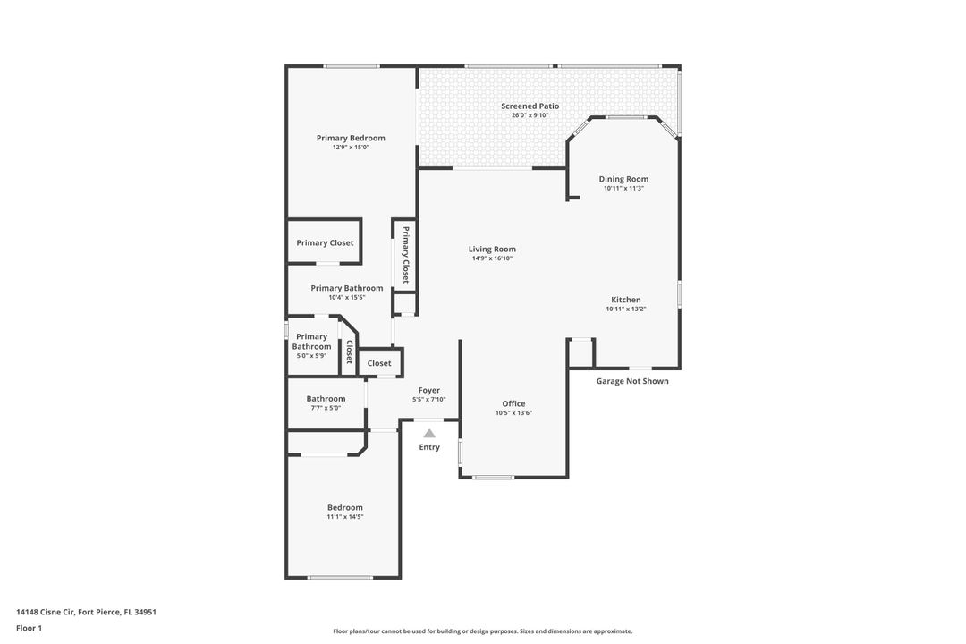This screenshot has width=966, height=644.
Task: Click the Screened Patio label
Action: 530,106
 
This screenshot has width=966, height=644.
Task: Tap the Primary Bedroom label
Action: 351,138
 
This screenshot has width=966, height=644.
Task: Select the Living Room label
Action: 492,250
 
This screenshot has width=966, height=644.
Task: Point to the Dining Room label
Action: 623,179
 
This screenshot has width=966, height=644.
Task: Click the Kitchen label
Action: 625,300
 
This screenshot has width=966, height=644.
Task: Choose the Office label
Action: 513,403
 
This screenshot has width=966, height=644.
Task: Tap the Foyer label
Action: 428,390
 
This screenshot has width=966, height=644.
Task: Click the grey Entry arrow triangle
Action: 429,434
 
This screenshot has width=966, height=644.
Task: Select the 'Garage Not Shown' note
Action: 632,381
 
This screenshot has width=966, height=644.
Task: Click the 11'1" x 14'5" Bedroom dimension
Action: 345,517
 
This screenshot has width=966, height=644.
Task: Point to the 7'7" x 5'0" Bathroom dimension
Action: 326,408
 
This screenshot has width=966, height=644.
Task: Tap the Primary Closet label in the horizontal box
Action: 325,242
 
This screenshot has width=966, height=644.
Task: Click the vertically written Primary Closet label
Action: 405,255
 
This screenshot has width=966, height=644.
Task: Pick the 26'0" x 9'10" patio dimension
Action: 530,115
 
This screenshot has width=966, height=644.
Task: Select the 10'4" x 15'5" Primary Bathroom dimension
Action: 346,297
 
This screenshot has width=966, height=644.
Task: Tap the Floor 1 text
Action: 29,628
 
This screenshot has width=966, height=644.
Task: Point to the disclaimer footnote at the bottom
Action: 482,631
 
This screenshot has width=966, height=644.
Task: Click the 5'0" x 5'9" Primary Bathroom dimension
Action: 311,355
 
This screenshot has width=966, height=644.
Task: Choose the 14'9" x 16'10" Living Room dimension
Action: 492,258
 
